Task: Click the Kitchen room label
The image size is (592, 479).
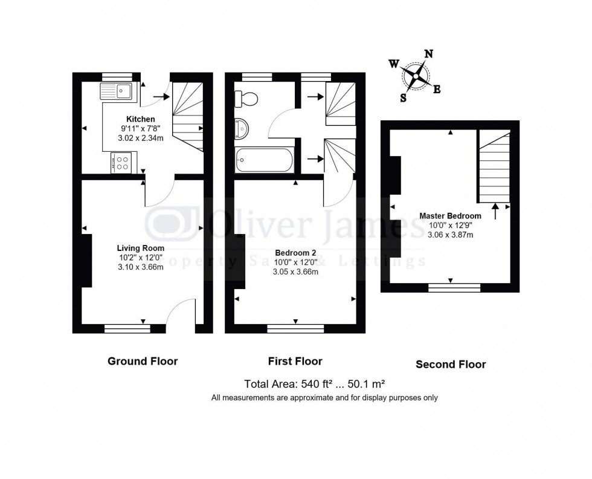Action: click(140, 119)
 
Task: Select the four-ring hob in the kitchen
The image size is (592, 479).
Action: click(123, 163)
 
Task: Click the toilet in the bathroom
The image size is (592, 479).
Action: click(247, 97)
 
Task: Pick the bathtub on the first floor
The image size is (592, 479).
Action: click(265, 160)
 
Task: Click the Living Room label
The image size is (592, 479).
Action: click(140, 248)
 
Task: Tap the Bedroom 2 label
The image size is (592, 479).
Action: click(295, 253)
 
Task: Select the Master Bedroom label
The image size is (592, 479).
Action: click(450, 216)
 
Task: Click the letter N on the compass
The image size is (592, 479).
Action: click(428, 54)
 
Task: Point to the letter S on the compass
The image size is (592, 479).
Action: click(403, 98)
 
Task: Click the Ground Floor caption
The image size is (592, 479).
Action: click(143, 361)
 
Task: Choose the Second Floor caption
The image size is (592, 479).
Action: click(451, 364)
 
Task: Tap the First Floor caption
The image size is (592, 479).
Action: click(295, 361)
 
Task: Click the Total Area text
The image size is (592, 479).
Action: click(315, 383)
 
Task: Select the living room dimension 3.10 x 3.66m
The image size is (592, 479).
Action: click(140, 267)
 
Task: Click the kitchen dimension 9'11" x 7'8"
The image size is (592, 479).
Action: click(140, 128)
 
